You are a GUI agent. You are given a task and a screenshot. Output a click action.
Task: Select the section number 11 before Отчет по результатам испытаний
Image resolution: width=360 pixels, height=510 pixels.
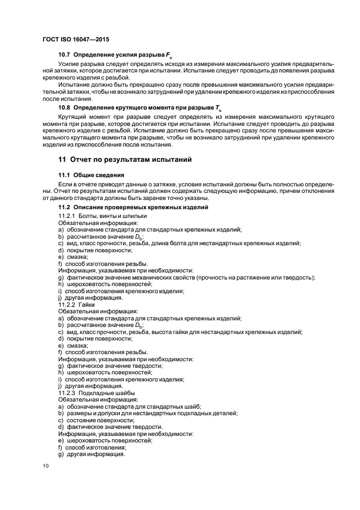coord(63,160)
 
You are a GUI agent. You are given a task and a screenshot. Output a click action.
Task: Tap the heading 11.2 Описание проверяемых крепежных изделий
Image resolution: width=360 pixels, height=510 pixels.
coord(133,208)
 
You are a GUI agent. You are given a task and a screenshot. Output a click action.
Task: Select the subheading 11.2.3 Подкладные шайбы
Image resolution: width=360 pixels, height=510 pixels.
coord(96,392)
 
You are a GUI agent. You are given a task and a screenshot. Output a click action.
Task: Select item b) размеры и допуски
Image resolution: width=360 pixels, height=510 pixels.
coord(148,413)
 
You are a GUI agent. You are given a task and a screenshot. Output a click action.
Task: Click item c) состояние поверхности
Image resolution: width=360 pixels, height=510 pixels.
coord(96,420)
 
